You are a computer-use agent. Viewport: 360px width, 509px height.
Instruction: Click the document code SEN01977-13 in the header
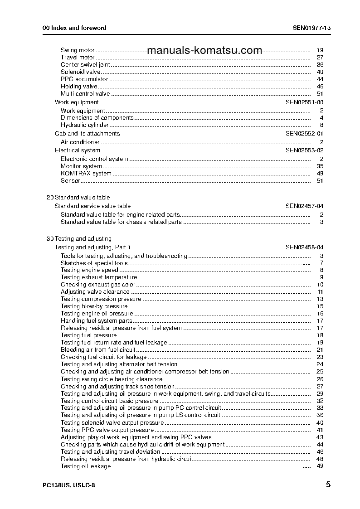click(x=311, y=28)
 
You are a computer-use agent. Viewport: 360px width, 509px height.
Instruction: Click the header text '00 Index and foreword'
click(x=74, y=28)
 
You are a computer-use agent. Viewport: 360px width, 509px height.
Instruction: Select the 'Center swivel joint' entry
click(x=85, y=65)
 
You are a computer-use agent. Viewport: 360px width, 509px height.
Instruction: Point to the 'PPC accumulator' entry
click(x=84, y=79)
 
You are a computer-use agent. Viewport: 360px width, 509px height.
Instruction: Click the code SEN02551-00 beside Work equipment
click(x=304, y=102)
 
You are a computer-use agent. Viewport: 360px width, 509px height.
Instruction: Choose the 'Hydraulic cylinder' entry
click(x=85, y=125)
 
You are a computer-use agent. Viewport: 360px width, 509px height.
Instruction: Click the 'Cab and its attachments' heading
click(x=87, y=134)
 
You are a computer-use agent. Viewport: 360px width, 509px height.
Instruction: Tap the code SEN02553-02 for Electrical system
click(x=304, y=150)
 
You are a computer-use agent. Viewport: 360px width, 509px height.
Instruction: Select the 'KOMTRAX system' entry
click(x=86, y=174)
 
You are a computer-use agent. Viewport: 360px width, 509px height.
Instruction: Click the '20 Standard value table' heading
click(x=78, y=198)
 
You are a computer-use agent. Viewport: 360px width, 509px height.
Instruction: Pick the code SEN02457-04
click(x=304, y=206)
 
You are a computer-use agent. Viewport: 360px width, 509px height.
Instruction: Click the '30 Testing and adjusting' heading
click(x=79, y=239)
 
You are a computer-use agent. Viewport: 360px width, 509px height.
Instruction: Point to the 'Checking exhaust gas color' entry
click(x=98, y=285)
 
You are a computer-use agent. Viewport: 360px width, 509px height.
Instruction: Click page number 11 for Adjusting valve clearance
click(x=320, y=292)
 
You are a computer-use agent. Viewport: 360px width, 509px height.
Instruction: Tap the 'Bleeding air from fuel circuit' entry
click(x=98, y=350)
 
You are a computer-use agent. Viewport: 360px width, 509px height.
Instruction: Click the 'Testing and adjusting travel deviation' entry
click(x=110, y=452)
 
